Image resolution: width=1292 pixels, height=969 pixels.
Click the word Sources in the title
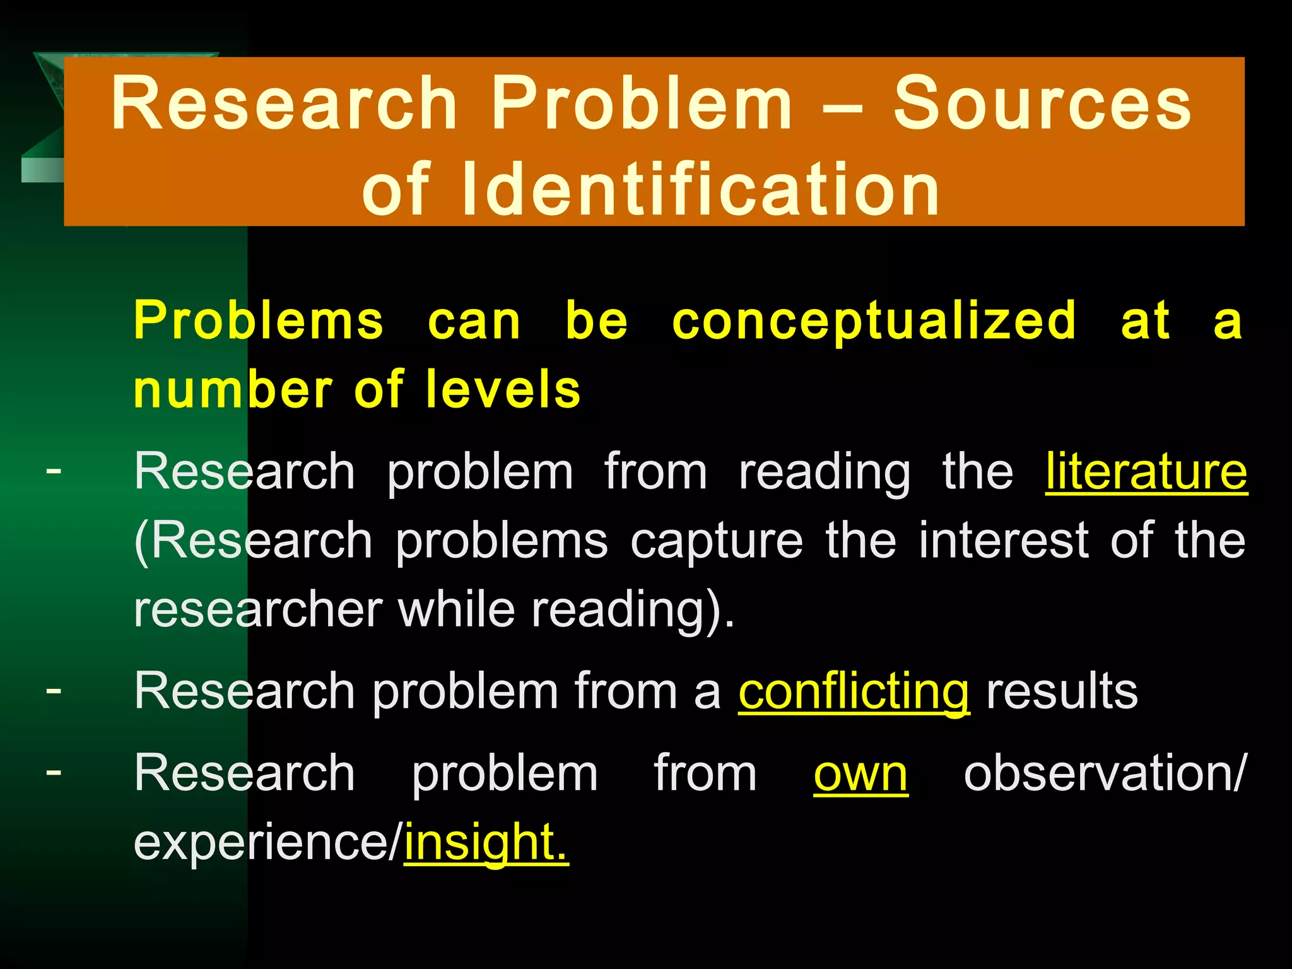[1042, 105]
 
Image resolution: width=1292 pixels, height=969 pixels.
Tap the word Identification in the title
[701, 189]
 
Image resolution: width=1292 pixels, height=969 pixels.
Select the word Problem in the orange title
[642, 103]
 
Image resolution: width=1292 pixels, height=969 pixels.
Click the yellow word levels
[503, 390]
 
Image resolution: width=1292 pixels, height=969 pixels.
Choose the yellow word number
[233, 390]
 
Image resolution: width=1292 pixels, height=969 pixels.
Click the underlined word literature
[1146, 472]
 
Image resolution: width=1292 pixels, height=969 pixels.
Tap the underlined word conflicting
[854, 693]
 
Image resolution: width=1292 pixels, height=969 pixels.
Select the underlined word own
[860, 775]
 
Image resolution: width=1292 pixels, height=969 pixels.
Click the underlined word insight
[486, 843]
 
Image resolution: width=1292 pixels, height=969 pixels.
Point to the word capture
[717, 541]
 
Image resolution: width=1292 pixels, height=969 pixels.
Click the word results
[1062, 692]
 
